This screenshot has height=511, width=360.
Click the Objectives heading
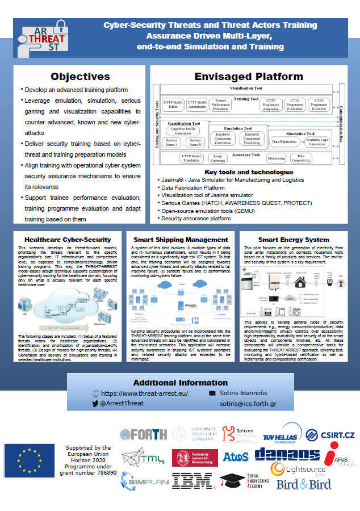click(80, 76)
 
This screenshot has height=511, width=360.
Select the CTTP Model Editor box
click(172, 104)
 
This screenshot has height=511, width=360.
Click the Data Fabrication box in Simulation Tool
click(285, 141)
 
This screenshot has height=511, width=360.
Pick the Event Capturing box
click(218, 158)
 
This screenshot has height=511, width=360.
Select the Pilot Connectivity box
click(304, 158)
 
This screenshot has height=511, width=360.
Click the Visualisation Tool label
click(245, 89)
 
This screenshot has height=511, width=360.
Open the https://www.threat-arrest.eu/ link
click(144, 393)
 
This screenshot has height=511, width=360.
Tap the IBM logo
click(192, 481)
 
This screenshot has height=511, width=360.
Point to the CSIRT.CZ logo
click(330, 435)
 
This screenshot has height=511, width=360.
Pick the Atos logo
click(235, 456)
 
